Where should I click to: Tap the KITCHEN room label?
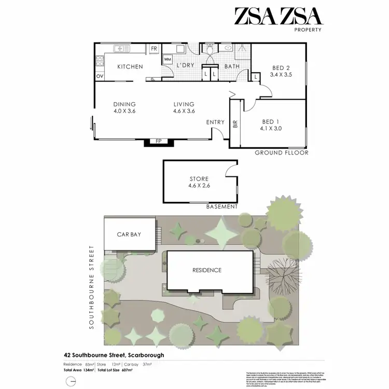pos(130,67)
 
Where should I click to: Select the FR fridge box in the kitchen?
pos(154,49)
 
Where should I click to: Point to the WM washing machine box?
pos(168,60)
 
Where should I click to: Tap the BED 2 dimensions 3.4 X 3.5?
pos(282,75)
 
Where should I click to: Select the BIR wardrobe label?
pos(235,124)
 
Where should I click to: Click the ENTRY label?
pos(215,122)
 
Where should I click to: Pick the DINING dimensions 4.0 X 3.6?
pos(124,110)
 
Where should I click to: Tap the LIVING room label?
pos(184,104)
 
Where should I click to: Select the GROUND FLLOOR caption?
pos(282,153)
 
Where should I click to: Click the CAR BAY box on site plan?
pos(129,234)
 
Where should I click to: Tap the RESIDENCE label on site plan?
pos(207,270)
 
